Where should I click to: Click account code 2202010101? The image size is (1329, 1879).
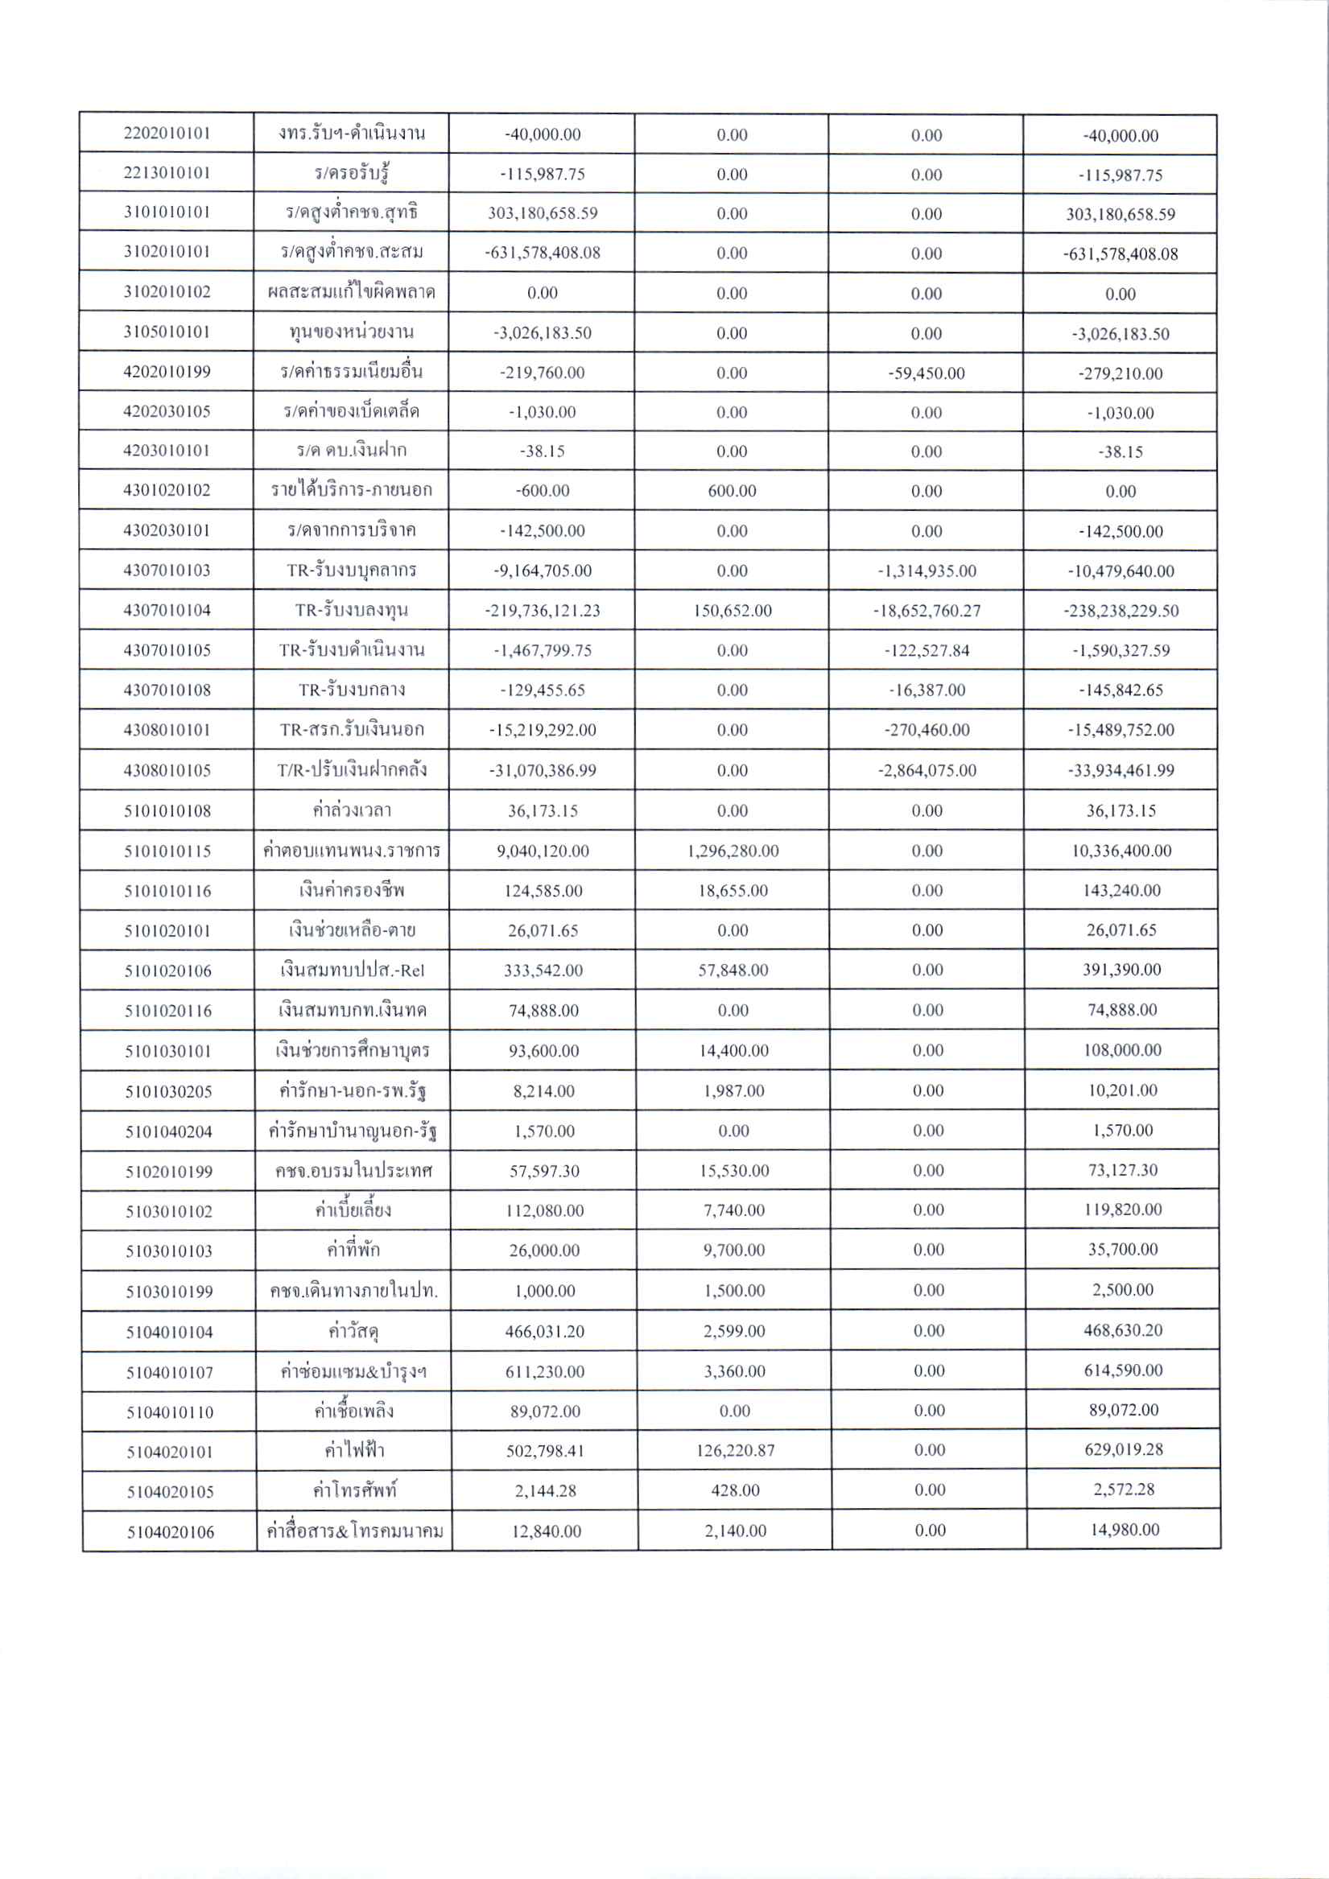tap(167, 134)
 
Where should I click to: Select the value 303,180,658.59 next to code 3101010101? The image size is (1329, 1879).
tap(542, 213)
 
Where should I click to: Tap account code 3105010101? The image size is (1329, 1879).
tap(167, 332)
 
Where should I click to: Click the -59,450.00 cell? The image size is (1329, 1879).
tap(927, 373)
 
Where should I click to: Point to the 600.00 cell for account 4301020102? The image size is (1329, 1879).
tap(731, 491)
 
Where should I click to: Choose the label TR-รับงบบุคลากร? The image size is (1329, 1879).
tap(351, 571)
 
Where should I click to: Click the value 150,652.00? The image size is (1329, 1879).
tap(731, 611)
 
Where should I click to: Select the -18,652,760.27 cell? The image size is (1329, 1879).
tap(927, 611)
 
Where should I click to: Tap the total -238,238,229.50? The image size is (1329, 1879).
tap(1121, 611)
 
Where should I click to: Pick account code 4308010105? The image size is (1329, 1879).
tap(167, 770)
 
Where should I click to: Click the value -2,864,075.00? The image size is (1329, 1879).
tap(927, 770)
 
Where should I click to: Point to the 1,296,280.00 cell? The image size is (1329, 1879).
tap(733, 851)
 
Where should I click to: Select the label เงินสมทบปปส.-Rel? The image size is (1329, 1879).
tap(352, 970)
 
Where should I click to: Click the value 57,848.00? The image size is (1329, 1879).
tap(733, 970)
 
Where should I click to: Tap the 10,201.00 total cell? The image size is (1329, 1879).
tap(1122, 1090)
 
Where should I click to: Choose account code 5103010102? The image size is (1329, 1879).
tap(169, 1211)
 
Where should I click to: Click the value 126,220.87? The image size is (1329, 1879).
tap(734, 1451)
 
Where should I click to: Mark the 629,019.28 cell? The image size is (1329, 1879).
tap(1124, 1450)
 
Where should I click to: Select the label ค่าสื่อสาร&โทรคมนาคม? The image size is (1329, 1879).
tap(353, 1531)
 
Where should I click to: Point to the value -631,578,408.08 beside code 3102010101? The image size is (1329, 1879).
tap(542, 253)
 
